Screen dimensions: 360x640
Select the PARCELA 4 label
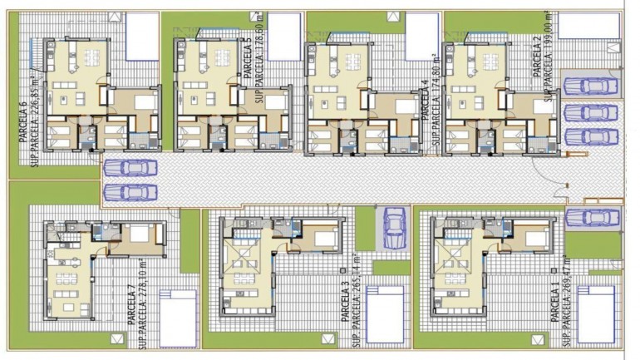tap(424, 101)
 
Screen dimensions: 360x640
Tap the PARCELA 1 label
tap(554, 304)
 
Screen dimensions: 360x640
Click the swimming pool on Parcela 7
tap(178, 317)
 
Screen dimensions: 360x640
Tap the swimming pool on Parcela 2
tap(588, 25)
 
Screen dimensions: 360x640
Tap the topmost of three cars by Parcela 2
tap(588, 86)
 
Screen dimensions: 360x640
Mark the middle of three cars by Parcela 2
tap(588, 112)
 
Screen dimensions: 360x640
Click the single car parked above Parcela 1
tap(591, 218)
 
